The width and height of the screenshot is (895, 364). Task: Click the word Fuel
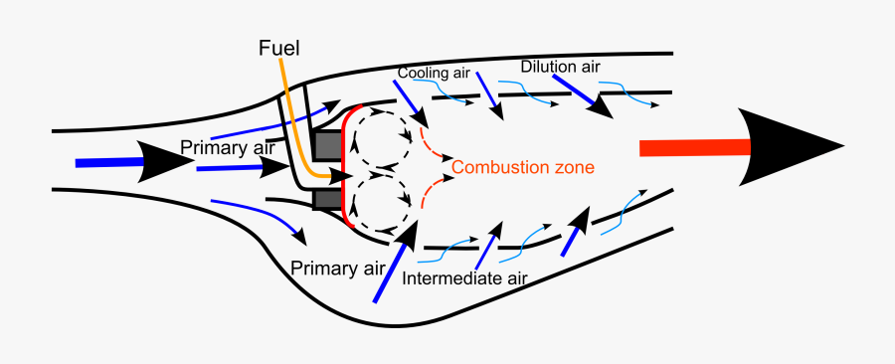[278, 48]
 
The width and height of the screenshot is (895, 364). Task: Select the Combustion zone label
[523, 167]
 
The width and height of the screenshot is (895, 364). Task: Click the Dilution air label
[561, 67]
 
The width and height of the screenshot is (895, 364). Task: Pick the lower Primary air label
[338, 268]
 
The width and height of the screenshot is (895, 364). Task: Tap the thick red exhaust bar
[686, 147]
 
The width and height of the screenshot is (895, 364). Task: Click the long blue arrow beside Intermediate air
[392, 266]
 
